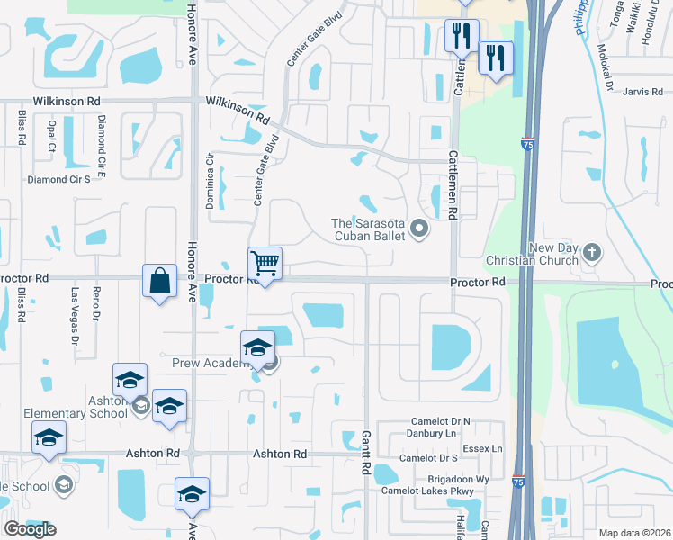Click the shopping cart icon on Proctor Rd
pyautogui.click(x=265, y=264)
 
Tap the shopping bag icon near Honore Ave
pyautogui.click(x=159, y=281)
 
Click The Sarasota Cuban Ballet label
pyautogui.click(x=370, y=230)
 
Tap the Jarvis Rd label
pyautogui.click(x=642, y=92)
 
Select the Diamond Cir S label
pyautogui.click(x=59, y=179)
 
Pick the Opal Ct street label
pyautogui.click(x=53, y=135)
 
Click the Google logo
pyautogui.click(x=30, y=529)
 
